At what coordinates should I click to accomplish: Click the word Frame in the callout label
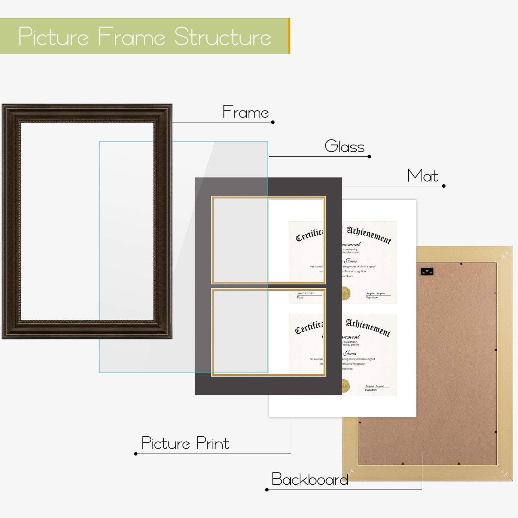(246, 112)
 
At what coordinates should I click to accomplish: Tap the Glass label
(344, 146)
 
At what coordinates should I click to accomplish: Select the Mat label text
(423, 176)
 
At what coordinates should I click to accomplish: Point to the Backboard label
(310, 479)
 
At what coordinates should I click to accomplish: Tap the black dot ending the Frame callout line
(273, 122)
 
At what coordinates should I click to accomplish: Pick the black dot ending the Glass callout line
(369, 156)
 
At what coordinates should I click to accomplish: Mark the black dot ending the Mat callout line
(444, 186)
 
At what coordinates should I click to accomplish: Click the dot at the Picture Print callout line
(136, 454)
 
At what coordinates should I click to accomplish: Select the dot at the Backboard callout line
(267, 490)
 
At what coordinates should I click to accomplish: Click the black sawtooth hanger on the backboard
(427, 271)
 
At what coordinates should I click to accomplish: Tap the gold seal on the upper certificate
(346, 293)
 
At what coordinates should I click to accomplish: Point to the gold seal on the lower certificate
(346, 386)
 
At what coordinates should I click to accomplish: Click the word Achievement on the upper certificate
(369, 235)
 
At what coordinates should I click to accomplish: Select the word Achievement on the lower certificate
(368, 328)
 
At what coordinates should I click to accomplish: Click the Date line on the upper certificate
(305, 295)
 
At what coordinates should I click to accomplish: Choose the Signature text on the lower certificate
(371, 390)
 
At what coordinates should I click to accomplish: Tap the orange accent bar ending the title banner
(289, 36)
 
